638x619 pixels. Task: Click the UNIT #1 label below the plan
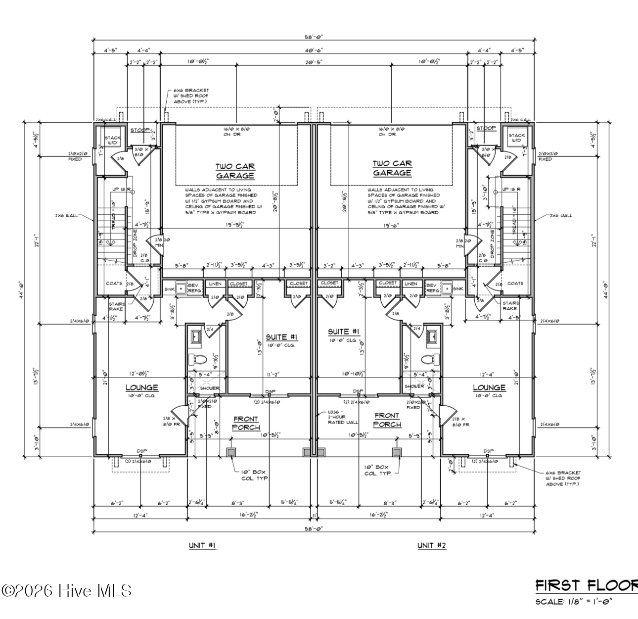[x=202, y=545]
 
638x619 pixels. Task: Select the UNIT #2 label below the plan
[x=431, y=545]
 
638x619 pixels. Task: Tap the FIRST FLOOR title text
[x=587, y=586]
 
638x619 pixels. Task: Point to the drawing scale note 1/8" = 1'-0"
[x=574, y=602]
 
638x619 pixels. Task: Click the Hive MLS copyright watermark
[x=67, y=590]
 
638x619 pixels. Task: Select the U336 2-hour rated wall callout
[x=341, y=417]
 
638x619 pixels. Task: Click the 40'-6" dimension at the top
[x=314, y=50]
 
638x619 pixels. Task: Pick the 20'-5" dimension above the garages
[x=314, y=62]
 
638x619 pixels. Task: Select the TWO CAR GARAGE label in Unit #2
[x=392, y=168]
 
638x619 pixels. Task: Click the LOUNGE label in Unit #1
[x=141, y=387]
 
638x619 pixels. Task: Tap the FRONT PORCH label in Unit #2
[x=387, y=420]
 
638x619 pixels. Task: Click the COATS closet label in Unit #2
[x=515, y=284]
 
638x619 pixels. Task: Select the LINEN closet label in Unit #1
[x=215, y=284]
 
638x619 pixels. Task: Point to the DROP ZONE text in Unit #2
[x=492, y=241]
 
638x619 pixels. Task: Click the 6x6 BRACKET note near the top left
[x=187, y=96]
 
